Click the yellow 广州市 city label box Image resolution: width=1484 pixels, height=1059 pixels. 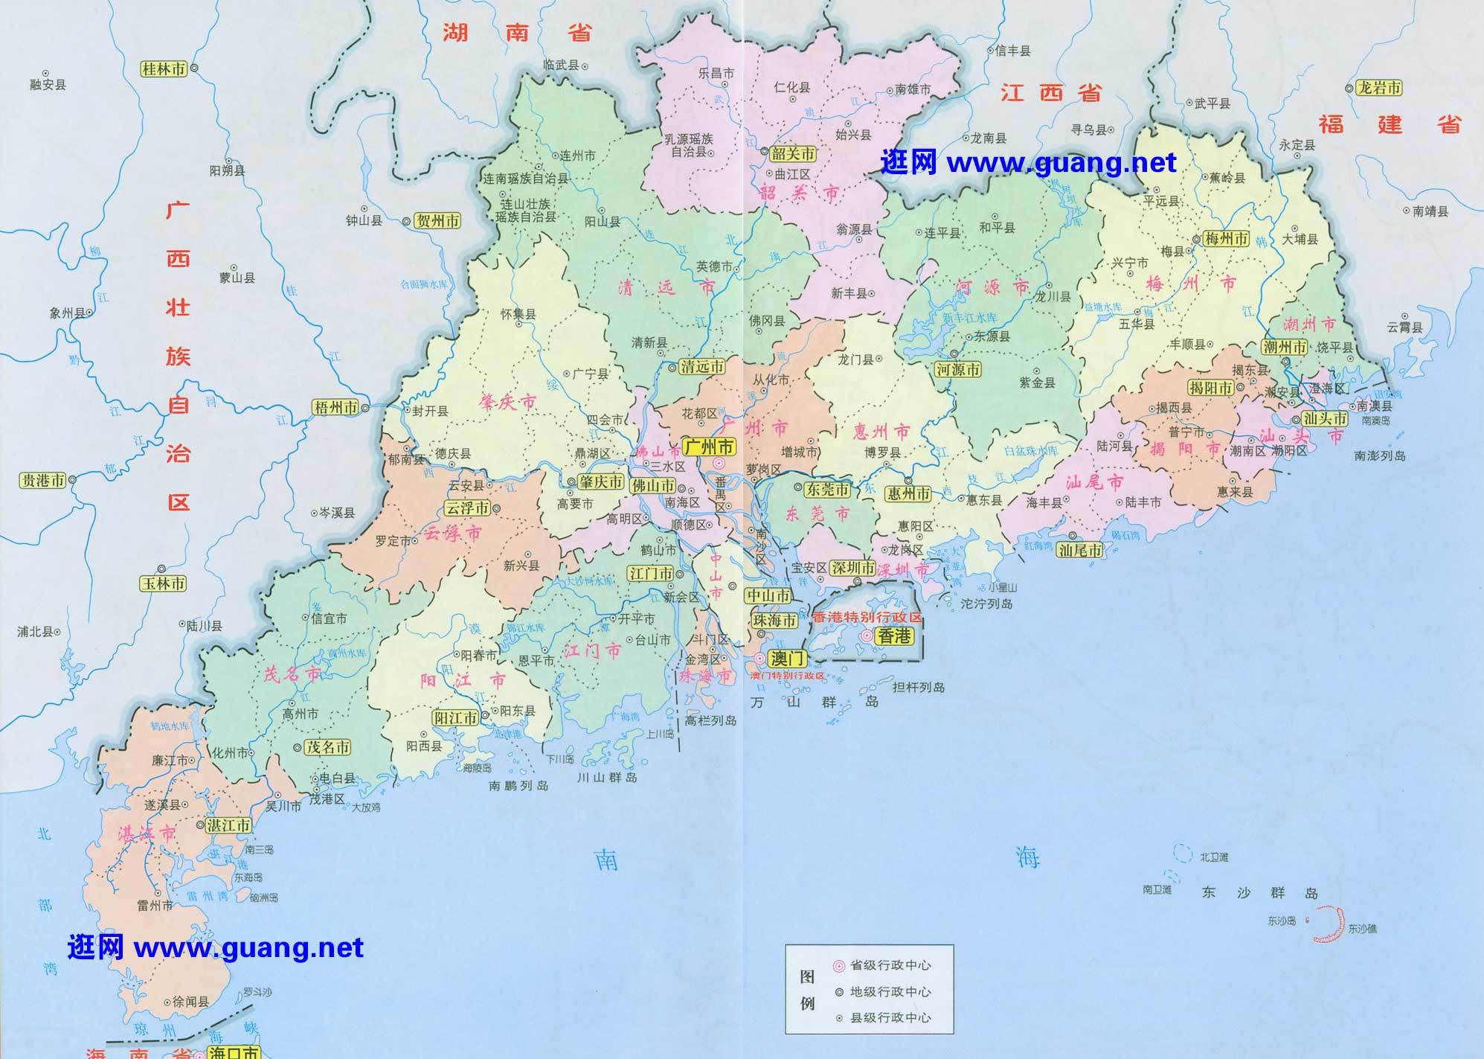(709, 447)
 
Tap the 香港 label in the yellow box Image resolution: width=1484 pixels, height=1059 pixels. (893, 636)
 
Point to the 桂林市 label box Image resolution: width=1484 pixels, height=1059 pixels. (164, 69)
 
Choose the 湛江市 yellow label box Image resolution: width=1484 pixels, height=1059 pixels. (228, 825)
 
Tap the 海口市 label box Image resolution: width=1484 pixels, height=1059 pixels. (234, 1052)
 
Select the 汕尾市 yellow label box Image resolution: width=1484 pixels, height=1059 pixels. (1080, 550)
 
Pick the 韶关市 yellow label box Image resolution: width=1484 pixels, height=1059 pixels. (791, 153)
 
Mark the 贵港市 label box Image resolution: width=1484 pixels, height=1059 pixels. (42, 480)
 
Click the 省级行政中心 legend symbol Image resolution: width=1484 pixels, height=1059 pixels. (839, 966)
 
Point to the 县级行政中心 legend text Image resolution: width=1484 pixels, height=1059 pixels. (890, 1018)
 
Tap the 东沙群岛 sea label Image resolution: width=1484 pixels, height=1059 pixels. (1259, 893)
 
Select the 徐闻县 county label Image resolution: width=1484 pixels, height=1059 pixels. (190, 1002)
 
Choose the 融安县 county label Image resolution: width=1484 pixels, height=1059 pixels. (48, 85)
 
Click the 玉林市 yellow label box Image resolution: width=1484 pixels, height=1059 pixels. (164, 583)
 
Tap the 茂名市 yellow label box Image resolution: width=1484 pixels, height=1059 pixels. (328, 747)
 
